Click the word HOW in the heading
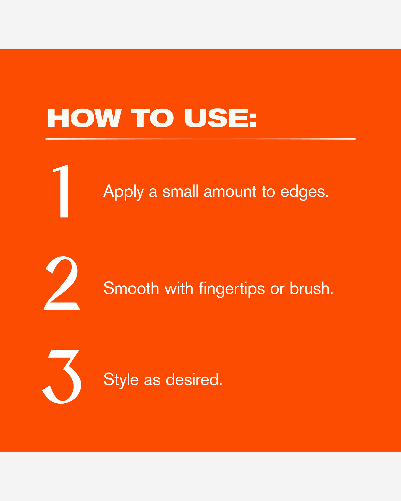tap(84, 118)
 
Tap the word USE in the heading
tap(216, 118)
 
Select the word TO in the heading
tap(152, 118)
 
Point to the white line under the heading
tap(200, 139)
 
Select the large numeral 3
tap(62, 376)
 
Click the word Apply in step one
tap(124, 192)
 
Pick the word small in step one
tap(180, 191)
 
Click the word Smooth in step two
tap(131, 288)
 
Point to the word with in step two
tap(179, 288)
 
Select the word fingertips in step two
tap(232, 289)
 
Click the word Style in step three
tap(121, 380)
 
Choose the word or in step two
tap(278, 289)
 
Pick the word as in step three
tap(152, 381)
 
